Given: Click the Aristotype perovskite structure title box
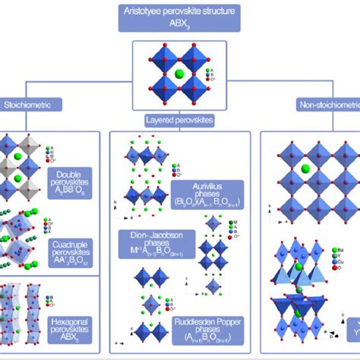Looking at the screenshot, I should click(179, 18).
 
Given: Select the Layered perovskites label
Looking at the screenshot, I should click(179, 119).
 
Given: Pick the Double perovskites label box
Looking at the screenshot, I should click(68, 182).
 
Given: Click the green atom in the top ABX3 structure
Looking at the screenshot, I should click(179, 74).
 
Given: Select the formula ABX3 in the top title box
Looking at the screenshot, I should click(179, 25).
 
